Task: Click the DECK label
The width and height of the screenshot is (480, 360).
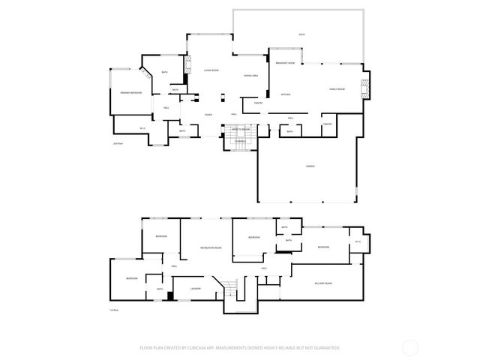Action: coord(301,35)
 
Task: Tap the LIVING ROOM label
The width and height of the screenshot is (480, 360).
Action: coord(211,70)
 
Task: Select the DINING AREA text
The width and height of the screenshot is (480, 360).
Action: coord(250,76)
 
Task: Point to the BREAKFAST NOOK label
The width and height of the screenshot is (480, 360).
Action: coord(284,64)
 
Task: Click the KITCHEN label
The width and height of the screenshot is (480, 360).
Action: coord(285,94)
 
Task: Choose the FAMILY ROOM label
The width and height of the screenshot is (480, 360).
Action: coord(337,89)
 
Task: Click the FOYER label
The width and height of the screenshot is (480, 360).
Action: coord(208,114)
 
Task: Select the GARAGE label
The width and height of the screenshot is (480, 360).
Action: coord(310,165)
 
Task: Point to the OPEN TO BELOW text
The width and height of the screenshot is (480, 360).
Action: coord(239,129)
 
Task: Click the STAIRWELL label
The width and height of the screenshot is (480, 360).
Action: coord(239,142)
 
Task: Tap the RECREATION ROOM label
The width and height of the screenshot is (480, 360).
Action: coord(211,247)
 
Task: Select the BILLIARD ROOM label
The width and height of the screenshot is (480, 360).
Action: coord(323,283)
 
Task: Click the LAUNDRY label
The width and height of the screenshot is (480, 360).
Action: coord(195,288)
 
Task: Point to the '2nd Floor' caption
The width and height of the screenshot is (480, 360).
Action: coord(116,142)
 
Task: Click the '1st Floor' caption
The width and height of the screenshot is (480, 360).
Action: coord(115,309)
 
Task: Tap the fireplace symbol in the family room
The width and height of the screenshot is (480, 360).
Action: coord(365,88)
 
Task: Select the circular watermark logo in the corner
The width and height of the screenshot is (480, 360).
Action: coord(409,347)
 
